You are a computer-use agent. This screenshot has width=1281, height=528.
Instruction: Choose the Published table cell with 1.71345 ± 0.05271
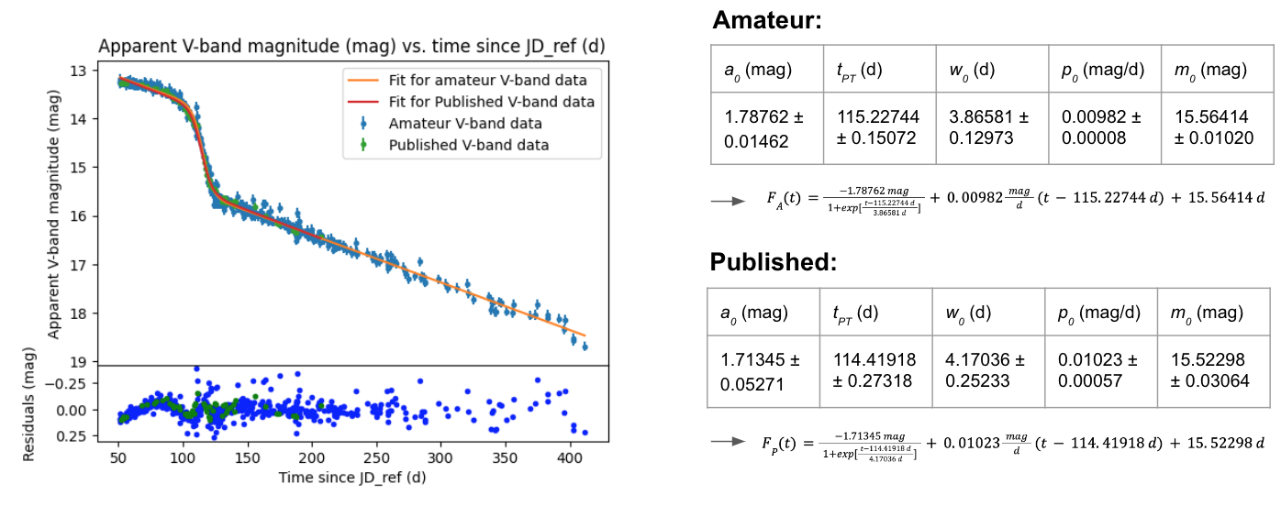[762, 370]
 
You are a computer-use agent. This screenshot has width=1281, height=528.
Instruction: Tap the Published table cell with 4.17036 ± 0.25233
[986, 370]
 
